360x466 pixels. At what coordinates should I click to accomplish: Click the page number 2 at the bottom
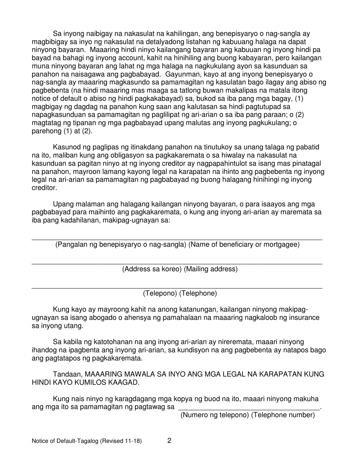point(169,441)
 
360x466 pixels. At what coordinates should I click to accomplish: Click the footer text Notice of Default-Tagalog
point(87,441)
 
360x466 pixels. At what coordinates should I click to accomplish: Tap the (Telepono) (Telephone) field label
point(180,293)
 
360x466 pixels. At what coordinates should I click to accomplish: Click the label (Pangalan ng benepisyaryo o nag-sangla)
point(121,244)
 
